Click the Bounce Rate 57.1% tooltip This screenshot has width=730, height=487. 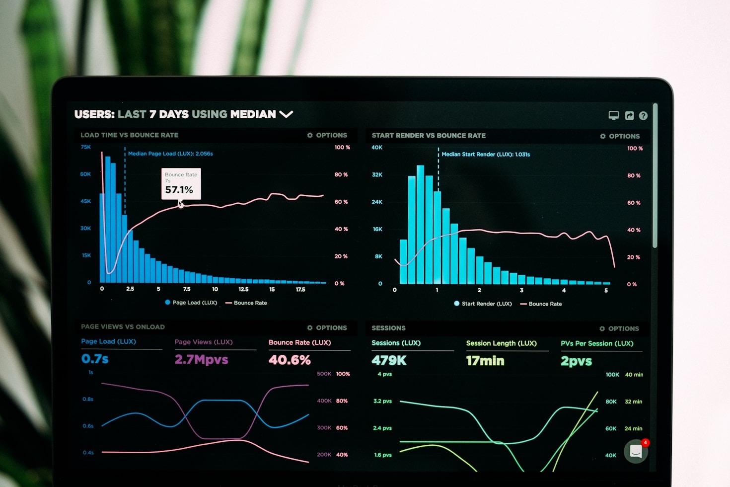coord(181,184)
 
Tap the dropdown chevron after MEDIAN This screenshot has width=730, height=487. coord(286,114)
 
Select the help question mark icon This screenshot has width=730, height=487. coord(643,116)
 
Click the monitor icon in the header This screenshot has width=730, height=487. coord(614,115)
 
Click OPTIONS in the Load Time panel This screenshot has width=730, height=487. coord(327,135)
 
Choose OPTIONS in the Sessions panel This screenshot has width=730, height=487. coord(619,328)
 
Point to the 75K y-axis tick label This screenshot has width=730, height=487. coord(86,147)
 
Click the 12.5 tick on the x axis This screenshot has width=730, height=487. coord(243,289)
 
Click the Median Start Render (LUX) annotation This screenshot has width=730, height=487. coord(486,155)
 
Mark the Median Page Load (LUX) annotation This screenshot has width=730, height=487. coord(170,154)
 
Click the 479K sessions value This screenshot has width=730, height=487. coord(389,361)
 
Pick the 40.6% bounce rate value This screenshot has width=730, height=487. coord(290,360)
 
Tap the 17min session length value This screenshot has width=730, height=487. coord(485,361)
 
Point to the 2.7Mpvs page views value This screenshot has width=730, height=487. coord(201,359)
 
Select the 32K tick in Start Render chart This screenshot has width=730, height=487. coord(377,175)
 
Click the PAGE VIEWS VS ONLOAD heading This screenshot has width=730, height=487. coord(123,327)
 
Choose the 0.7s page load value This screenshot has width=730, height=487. coord(95,359)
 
